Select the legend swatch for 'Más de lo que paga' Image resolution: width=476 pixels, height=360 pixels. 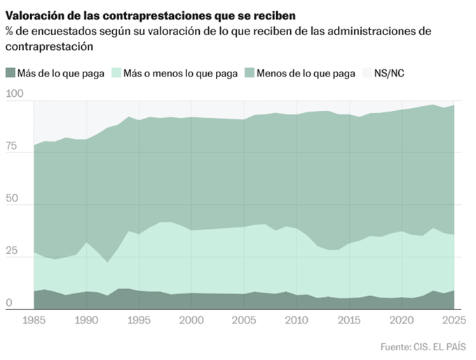(x=10, y=73)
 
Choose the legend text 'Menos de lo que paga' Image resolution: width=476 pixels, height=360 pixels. (x=306, y=73)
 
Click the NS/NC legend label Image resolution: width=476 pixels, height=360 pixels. (x=390, y=73)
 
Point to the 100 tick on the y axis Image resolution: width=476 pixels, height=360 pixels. (x=14, y=94)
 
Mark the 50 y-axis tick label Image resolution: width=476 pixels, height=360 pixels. (x=12, y=199)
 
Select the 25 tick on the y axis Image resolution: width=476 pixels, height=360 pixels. (x=12, y=251)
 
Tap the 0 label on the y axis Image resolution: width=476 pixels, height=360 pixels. (x=8, y=303)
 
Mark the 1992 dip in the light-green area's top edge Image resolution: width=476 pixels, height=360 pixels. (x=107, y=262)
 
